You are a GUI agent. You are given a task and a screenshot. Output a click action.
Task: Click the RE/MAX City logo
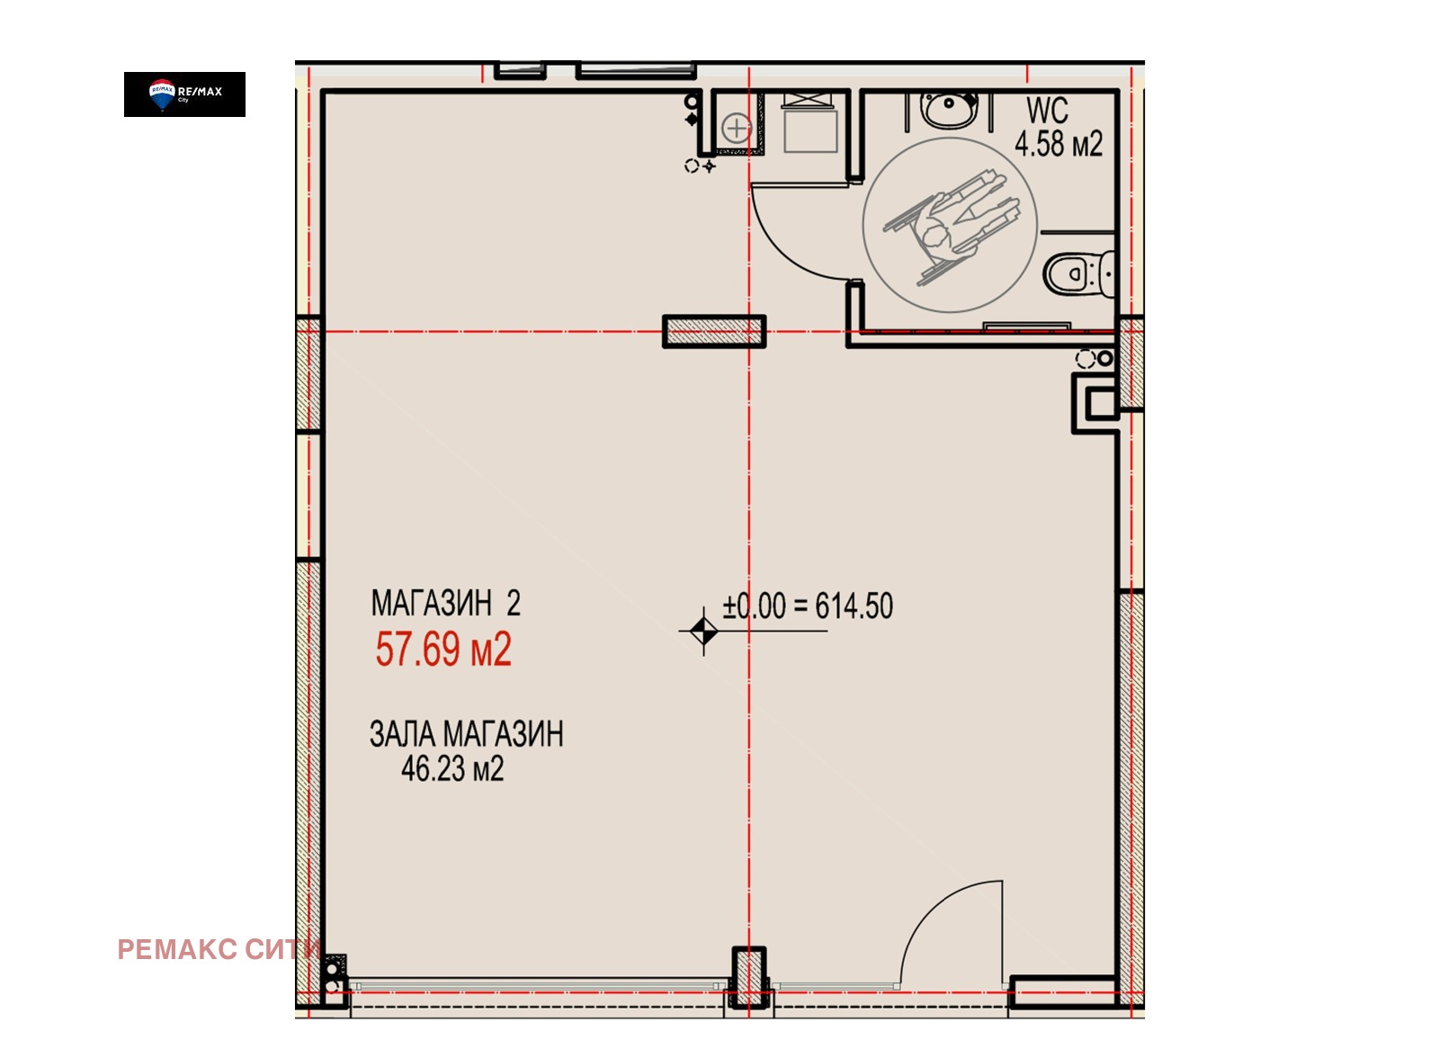click(x=184, y=94)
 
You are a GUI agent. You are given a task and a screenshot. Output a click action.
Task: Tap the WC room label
click(x=1047, y=111)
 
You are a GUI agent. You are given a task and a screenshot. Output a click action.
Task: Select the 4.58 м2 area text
click(x=1059, y=143)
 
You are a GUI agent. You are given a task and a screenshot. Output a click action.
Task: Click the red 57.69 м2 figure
click(x=443, y=649)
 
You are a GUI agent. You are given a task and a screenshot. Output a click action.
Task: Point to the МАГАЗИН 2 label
click(x=446, y=603)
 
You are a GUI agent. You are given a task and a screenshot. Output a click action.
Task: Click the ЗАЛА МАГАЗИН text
click(x=467, y=733)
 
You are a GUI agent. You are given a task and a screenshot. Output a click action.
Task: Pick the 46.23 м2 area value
click(x=452, y=768)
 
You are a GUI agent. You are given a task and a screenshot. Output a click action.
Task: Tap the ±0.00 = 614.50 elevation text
click(x=808, y=606)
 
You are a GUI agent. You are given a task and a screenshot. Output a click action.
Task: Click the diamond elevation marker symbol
click(x=703, y=632)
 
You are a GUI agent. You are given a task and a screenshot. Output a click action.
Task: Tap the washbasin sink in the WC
click(x=950, y=110)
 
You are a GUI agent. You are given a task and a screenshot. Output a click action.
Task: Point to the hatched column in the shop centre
click(x=714, y=332)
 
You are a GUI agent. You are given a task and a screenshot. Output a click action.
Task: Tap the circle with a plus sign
click(x=737, y=127)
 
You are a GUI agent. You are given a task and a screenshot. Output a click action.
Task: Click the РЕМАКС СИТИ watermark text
click(x=219, y=949)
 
